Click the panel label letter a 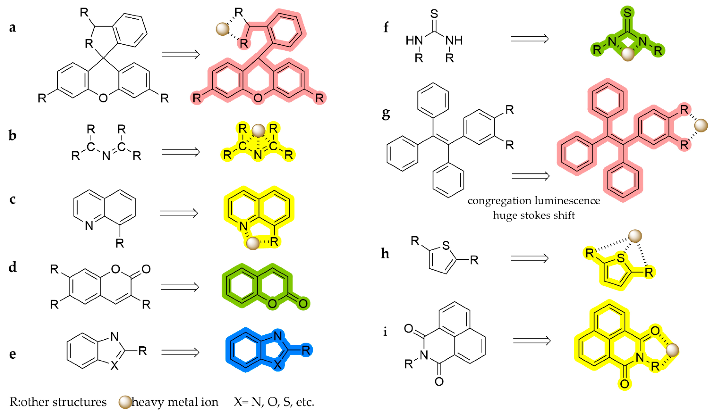click(12, 28)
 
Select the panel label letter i click(385, 331)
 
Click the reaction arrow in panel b click(180, 152)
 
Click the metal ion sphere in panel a click(222, 29)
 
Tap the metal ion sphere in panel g click(701, 125)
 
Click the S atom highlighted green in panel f click(627, 13)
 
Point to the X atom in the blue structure click(278, 365)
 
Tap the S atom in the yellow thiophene click(621, 258)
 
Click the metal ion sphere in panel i click(672, 350)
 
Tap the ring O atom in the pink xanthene click(258, 98)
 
